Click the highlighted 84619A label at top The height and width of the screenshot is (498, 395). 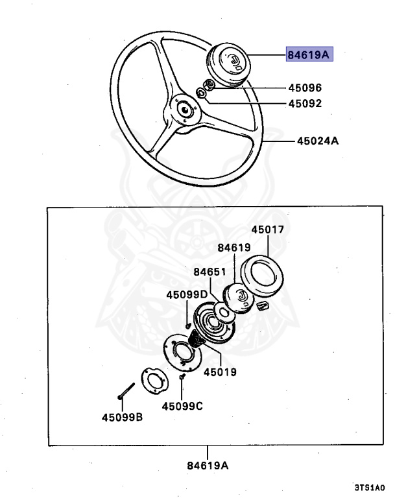pyautogui.click(x=308, y=55)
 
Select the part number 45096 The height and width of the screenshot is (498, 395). pyautogui.click(x=305, y=88)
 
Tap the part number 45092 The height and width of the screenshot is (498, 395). pyautogui.click(x=305, y=103)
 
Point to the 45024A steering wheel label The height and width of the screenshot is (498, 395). pyautogui.click(x=318, y=140)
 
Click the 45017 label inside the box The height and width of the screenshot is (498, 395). pyautogui.click(x=268, y=230)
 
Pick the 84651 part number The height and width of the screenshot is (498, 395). pyautogui.click(x=209, y=272)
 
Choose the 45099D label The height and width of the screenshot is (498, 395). pyautogui.click(x=186, y=294)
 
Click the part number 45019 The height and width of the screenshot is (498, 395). pyautogui.click(x=220, y=372)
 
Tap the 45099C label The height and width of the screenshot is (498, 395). pyautogui.click(x=182, y=406)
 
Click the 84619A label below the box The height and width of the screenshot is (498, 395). pyautogui.click(x=208, y=465)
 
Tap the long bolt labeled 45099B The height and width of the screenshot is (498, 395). pyautogui.click(x=125, y=391)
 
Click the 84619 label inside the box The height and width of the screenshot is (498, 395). pyautogui.click(x=233, y=247)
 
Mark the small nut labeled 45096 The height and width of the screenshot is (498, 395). pyautogui.click(x=209, y=85)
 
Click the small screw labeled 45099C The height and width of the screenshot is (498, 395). pyautogui.click(x=183, y=377)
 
